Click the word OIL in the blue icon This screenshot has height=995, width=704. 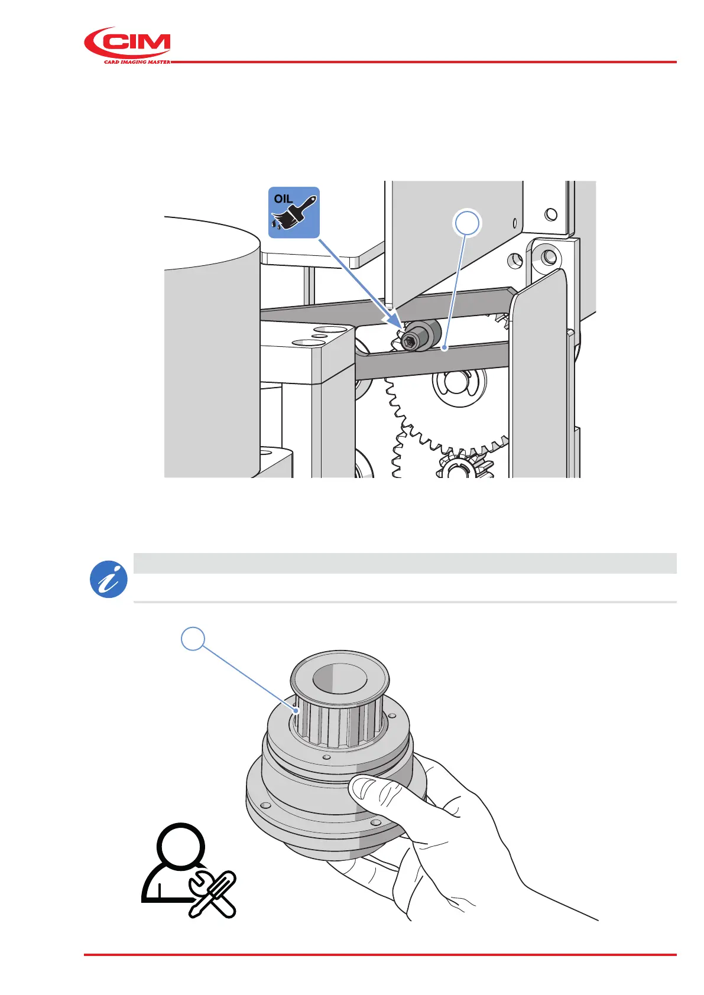[x=283, y=199]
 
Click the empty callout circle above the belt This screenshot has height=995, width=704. [x=467, y=223]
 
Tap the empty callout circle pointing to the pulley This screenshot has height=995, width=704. [x=193, y=639]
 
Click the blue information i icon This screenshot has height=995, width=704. [x=109, y=579]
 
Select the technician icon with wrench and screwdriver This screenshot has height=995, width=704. [x=188, y=871]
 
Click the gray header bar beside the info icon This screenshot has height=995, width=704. [x=404, y=563]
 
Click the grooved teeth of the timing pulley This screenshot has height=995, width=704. [x=337, y=724]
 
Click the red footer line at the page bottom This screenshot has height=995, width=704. [x=379, y=955]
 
